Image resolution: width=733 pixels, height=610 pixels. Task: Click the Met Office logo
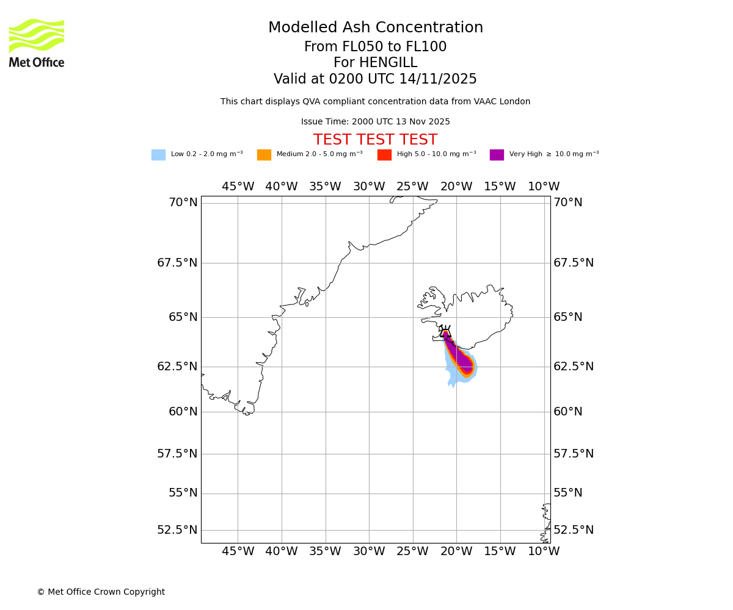(x=37, y=43)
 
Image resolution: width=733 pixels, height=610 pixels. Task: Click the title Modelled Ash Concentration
(x=375, y=28)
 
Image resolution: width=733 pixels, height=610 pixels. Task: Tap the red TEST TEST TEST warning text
(x=375, y=140)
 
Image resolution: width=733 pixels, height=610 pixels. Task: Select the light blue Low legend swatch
(x=158, y=155)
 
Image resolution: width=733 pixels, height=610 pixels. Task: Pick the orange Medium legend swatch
(x=264, y=155)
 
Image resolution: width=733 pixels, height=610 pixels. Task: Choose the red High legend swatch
(x=384, y=155)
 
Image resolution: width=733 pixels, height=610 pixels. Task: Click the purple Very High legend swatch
(x=497, y=155)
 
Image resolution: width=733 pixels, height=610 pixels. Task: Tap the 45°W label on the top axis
(x=238, y=187)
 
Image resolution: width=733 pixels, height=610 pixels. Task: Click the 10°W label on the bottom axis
(x=544, y=551)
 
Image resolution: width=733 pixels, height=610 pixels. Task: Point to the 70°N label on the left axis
(x=183, y=203)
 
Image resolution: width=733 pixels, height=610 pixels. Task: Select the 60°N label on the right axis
(x=567, y=412)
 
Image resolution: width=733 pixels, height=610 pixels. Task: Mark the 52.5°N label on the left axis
(x=177, y=530)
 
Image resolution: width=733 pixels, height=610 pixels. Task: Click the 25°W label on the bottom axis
(x=412, y=551)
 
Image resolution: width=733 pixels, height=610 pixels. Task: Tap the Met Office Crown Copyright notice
(x=101, y=592)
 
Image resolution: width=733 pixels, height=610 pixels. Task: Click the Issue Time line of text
(x=375, y=122)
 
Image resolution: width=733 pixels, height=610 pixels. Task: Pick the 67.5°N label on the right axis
(x=573, y=263)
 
